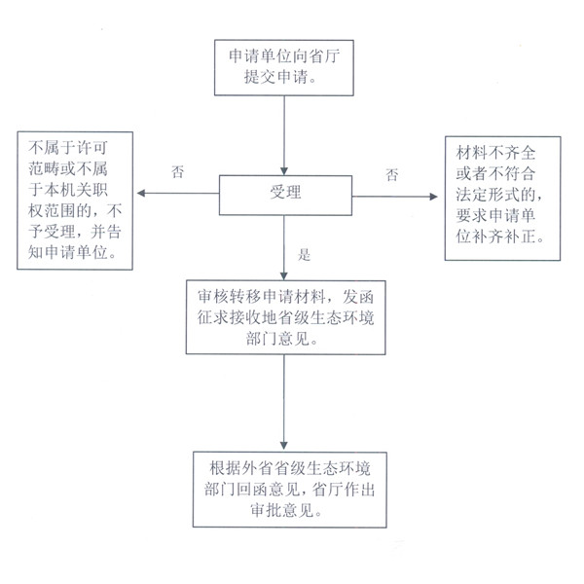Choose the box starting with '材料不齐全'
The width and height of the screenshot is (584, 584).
[x=502, y=199]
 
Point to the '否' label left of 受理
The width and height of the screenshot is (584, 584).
[x=177, y=172]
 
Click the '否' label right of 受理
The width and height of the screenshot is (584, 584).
[x=391, y=175]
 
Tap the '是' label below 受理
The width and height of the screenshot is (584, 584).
[x=303, y=256]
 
